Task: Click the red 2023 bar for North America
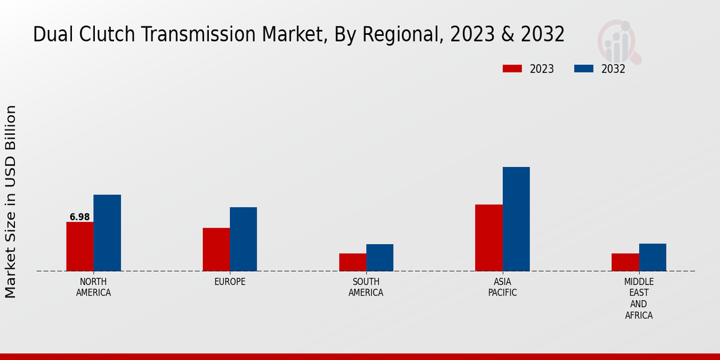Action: [80, 247]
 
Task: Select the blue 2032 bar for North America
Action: [107, 233]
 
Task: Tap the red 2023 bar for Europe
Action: [216, 250]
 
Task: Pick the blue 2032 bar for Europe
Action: [243, 239]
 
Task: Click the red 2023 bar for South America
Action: [352, 262]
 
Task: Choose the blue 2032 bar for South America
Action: [380, 257]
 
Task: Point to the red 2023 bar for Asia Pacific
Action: [488, 238]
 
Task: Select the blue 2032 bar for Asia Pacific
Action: [516, 219]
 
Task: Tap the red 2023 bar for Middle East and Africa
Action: [625, 262]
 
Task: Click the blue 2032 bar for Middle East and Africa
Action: [652, 257]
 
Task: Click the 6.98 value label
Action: [80, 217]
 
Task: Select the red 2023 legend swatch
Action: [512, 69]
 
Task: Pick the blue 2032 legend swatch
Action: [583, 69]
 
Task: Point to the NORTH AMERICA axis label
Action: [94, 287]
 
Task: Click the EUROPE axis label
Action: [230, 282]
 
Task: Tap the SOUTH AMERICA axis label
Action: [366, 287]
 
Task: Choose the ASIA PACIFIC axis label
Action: [502, 287]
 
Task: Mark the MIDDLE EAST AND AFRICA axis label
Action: [638, 298]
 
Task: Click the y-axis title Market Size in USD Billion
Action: [11, 202]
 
